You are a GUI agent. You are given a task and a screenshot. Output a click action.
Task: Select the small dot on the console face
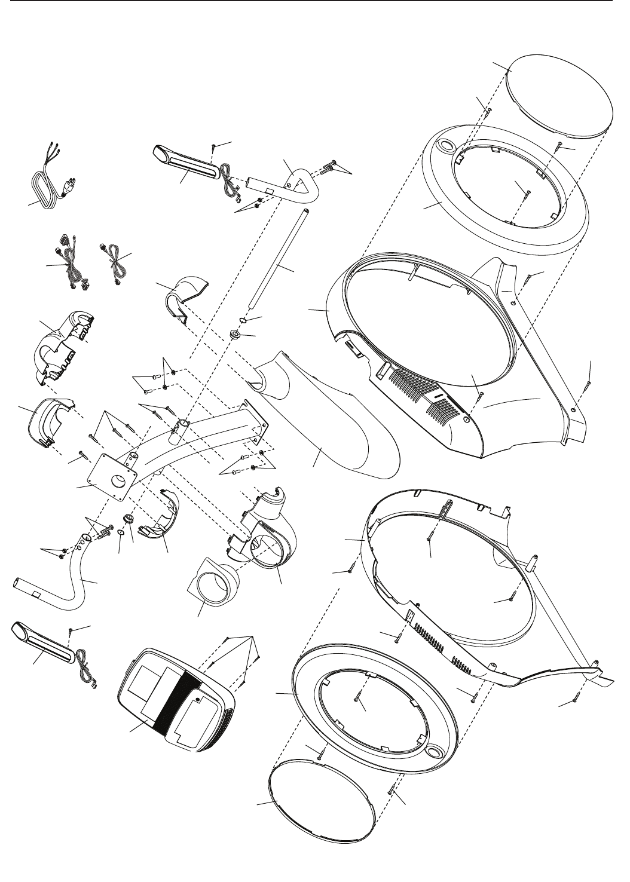coord(198,697)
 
